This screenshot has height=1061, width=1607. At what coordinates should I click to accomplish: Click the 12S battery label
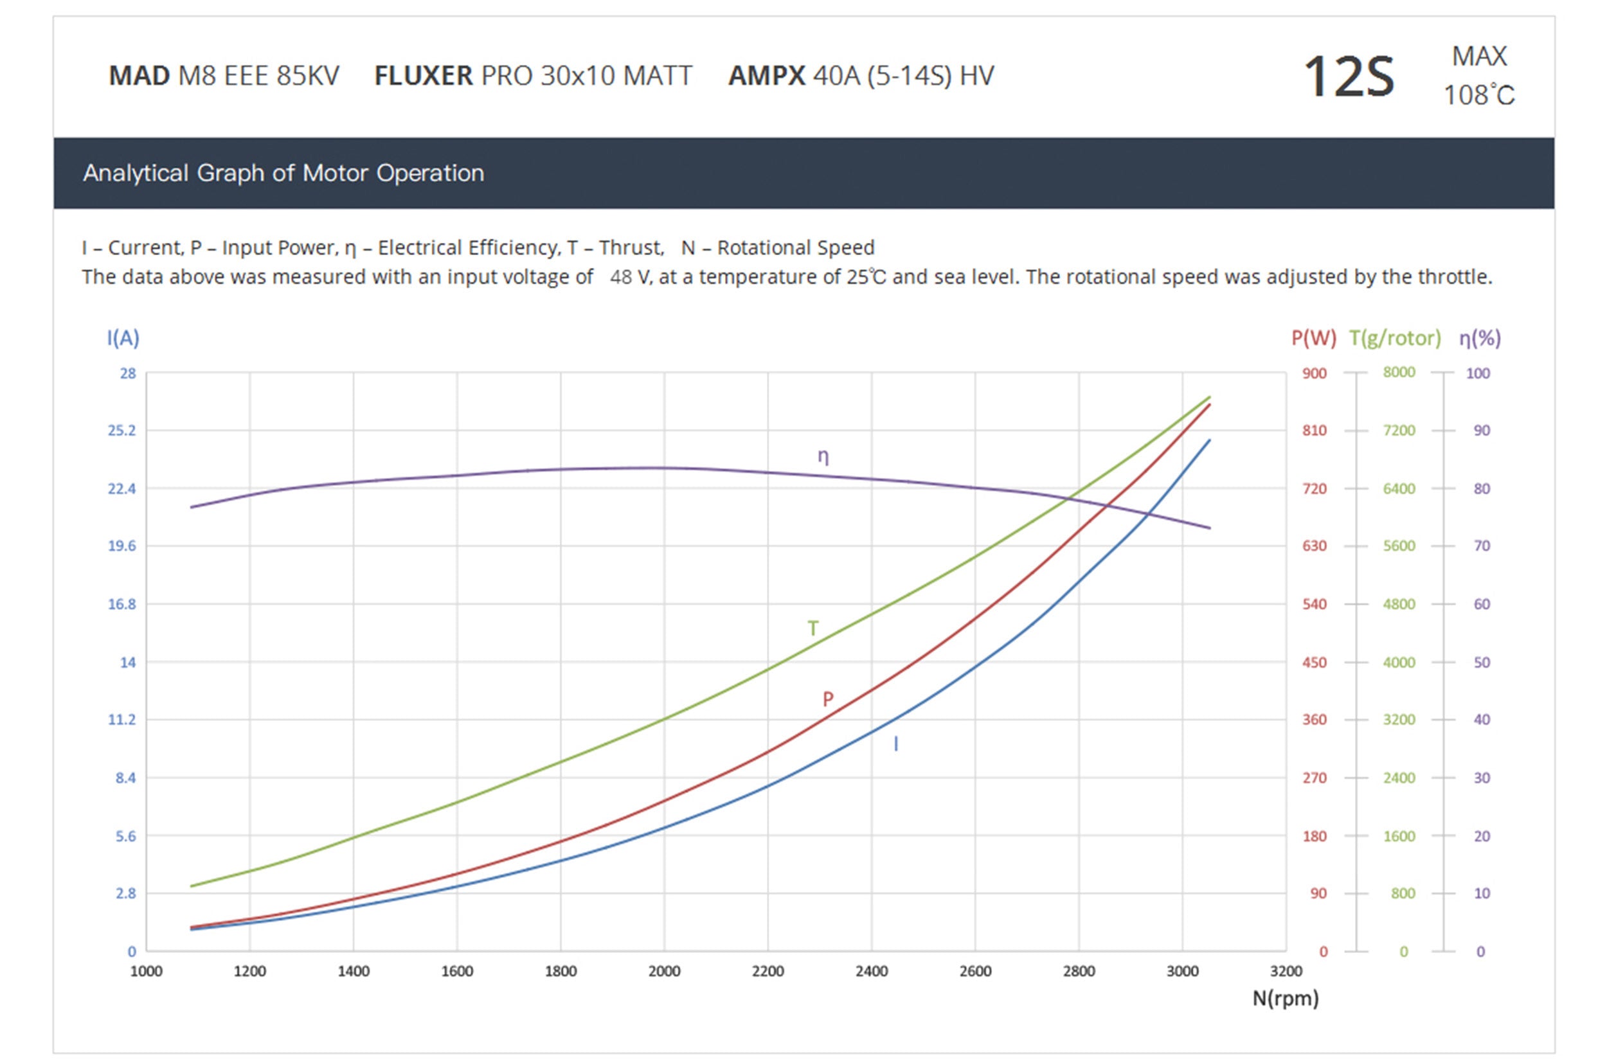coord(1348,77)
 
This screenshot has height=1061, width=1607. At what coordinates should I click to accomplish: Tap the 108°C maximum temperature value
coord(1478,95)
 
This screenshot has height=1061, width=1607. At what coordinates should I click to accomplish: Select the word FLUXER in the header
coord(424,76)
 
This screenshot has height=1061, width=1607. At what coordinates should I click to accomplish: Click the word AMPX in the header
coord(767,76)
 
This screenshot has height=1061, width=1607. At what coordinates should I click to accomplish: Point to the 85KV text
coord(307,76)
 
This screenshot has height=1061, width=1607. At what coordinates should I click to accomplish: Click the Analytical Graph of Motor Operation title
coord(283,174)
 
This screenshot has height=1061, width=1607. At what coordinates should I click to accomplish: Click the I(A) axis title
coord(123,337)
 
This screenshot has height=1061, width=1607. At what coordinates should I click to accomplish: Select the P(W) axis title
coord(1313,337)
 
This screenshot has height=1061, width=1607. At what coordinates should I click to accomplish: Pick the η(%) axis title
coord(1480,337)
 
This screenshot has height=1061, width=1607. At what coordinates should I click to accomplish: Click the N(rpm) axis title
coord(1285,998)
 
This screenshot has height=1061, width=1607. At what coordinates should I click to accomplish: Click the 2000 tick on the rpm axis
coord(664,971)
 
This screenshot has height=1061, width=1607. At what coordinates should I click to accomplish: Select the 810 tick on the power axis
coord(1314,431)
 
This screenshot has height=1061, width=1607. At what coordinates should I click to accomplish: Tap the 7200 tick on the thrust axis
coord(1399,431)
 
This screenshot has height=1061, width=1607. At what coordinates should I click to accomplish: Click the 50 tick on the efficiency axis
coord(1481,662)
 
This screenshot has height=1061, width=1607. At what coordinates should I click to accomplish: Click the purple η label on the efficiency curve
coord(823,456)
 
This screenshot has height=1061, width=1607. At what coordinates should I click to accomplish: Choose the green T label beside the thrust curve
coord(812,629)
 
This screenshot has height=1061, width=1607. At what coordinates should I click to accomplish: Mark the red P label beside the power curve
coord(827,699)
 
